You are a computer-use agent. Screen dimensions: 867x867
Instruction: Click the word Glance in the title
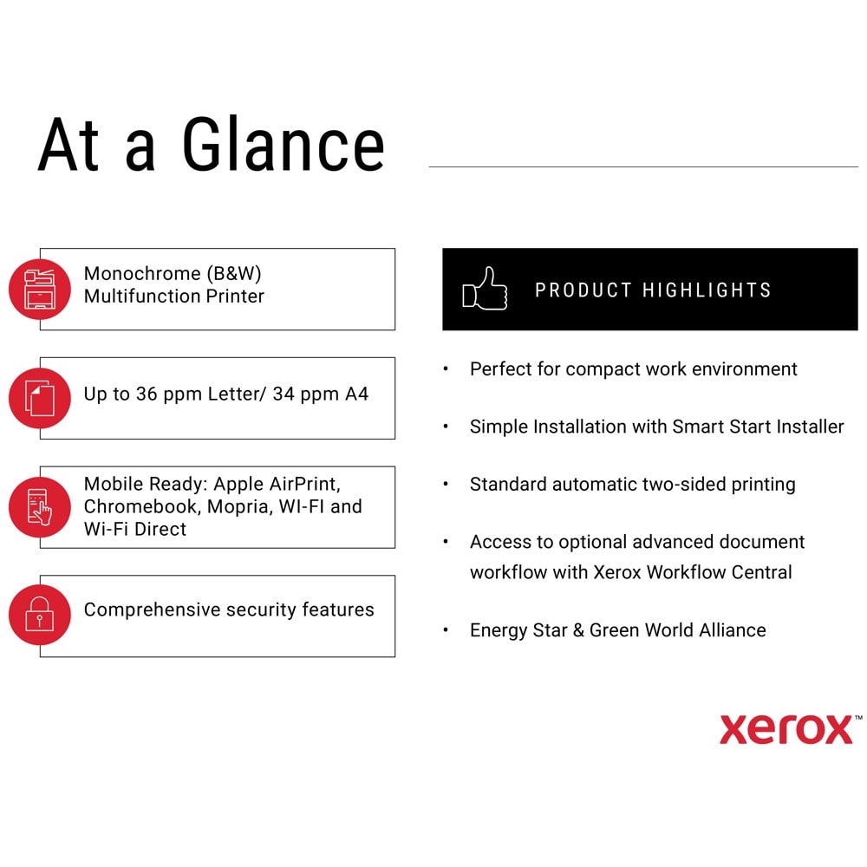tap(284, 144)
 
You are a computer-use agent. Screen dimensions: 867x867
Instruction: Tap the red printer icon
tap(40, 290)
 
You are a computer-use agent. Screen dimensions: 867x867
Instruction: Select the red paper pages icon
tap(40, 398)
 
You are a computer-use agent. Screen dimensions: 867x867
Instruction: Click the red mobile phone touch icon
tap(40, 507)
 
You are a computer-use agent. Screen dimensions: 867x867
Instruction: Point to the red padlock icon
tap(40, 615)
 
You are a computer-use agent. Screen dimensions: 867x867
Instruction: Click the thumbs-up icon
tap(485, 289)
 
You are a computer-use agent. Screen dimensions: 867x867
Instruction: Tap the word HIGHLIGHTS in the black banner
tap(707, 290)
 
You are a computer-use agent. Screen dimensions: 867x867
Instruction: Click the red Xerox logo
tap(787, 729)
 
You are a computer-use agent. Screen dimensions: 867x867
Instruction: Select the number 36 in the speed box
tap(147, 394)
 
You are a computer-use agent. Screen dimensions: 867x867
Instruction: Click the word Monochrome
tap(142, 273)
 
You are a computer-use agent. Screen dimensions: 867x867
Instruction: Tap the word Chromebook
tap(140, 506)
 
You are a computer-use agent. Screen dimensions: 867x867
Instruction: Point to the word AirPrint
tap(304, 484)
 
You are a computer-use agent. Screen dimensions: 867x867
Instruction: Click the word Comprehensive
tap(152, 610)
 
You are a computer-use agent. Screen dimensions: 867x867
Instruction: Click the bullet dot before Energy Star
tap(446, 629)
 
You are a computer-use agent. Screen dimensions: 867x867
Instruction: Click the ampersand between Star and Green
tap(578, 629)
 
